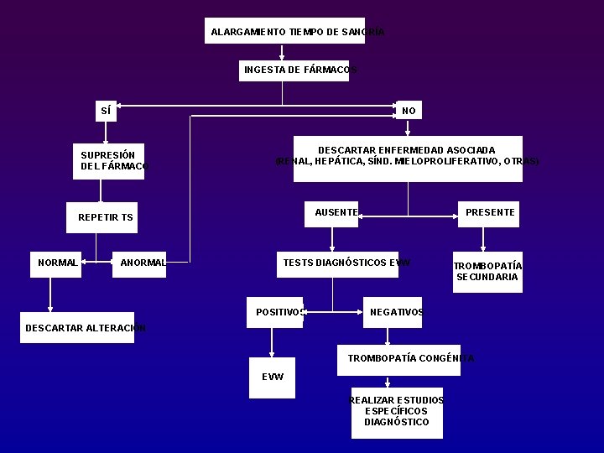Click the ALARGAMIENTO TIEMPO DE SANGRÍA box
285,31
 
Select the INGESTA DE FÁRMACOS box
294,70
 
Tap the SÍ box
105,111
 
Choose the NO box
409,111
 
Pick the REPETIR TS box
105,217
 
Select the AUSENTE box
332,213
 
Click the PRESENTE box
489,213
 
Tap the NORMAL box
58,263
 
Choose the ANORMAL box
141,263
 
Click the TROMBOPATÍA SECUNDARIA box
487,272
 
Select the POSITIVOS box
275,312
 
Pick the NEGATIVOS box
393,312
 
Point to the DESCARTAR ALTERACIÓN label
85,327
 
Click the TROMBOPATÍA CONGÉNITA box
399,358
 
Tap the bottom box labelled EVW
272,377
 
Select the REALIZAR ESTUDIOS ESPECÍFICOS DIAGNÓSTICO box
396,412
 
